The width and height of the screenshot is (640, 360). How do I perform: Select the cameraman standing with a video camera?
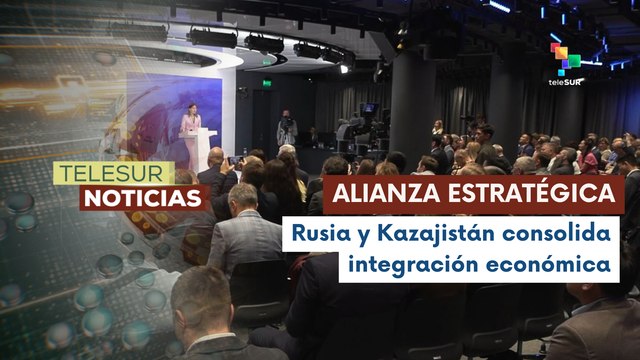(287, 130)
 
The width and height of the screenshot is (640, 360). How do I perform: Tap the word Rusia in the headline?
(319, 234)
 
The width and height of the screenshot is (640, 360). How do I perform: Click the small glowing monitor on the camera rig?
(370, 108)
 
